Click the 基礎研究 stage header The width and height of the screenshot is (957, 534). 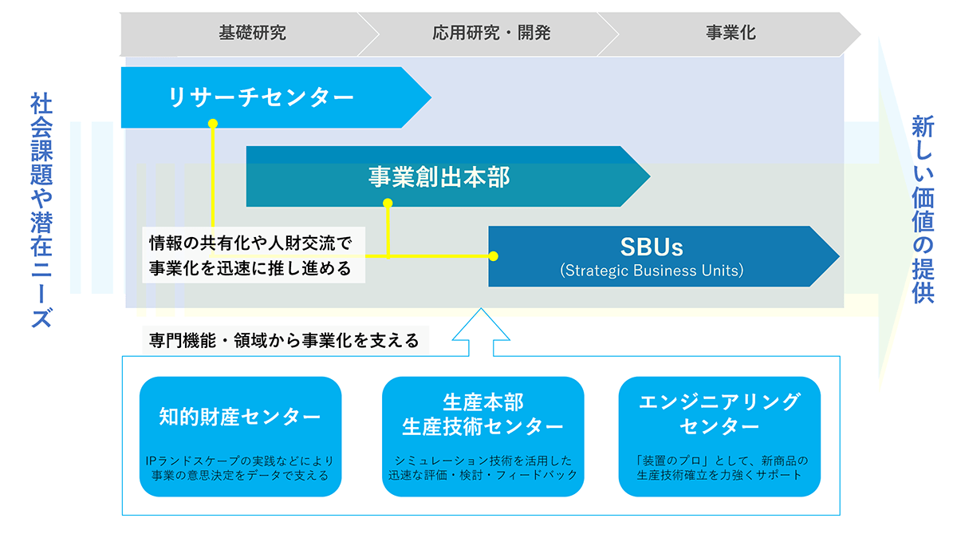(x=253, y=33)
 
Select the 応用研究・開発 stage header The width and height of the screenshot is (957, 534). (x=491, y=33)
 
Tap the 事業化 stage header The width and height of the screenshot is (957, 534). (x=731, y=33)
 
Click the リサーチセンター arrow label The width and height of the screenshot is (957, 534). (x=261, y=97)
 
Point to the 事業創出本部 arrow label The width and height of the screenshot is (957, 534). (x=439, y=177)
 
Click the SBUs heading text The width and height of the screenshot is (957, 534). (x=652, y=247)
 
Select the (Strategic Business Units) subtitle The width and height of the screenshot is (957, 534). (x=652, y=271)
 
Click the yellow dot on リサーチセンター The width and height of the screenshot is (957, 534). (x=213, y=124)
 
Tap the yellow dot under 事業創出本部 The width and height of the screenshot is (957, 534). (x=388, y=203)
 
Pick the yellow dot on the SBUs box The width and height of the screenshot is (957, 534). (x=494, y=256)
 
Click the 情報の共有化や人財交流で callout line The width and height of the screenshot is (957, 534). (x=250, y=243)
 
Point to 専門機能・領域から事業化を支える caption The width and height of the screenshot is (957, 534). (x=284, y=341)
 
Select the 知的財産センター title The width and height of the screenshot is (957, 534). (x=240, y=417)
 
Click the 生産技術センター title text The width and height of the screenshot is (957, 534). (x=482, y=427)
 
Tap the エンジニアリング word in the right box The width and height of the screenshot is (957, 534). (x=719, y=402)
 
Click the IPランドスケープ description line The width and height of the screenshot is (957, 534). (x=240, y=461)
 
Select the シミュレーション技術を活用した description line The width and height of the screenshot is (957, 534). (x=482, y=461)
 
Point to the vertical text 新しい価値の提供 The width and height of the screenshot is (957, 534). (x=924, y=209)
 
